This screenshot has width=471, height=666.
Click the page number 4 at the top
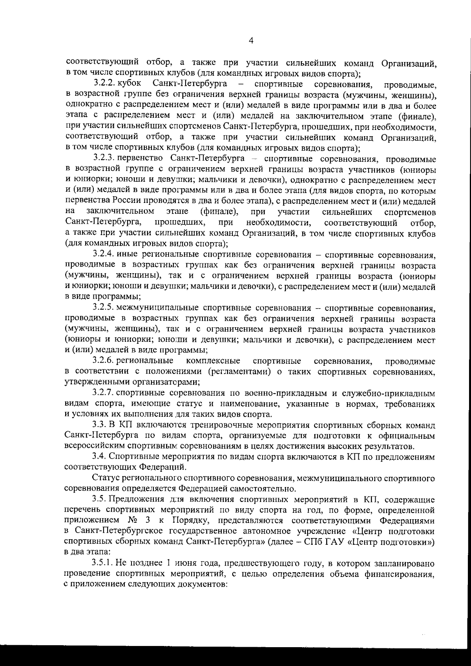click(x=251, y=40)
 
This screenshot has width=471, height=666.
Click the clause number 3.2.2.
click(x=104, y=84)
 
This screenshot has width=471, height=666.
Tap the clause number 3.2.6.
click(x=104, y=360)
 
